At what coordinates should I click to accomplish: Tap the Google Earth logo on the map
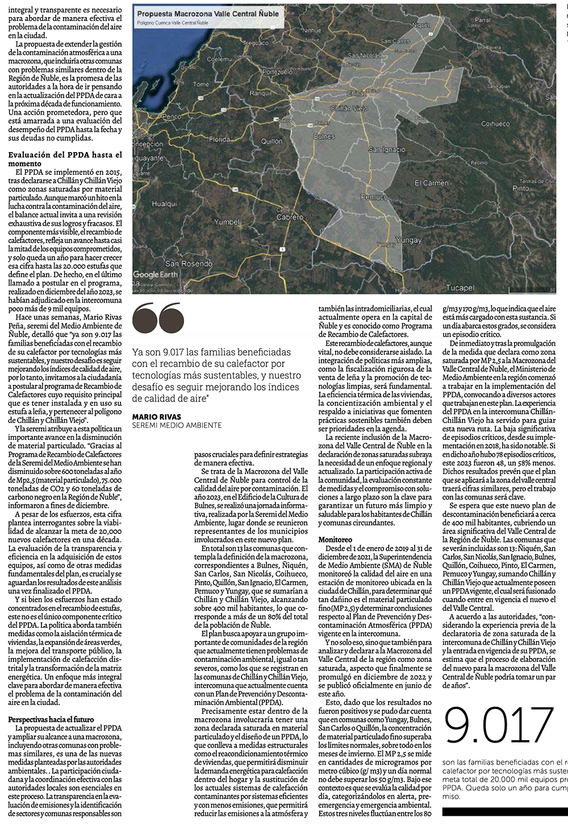click(155, 274)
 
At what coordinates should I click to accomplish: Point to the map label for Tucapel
click(460, 288)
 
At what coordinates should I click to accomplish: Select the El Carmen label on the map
click(431, 183)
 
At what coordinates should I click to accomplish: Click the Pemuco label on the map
click(374, 196)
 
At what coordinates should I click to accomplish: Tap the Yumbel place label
click(227, 221)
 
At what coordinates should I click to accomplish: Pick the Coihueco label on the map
click(495, 123)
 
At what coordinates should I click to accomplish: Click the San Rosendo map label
click(189, 263)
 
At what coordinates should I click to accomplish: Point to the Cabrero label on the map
click(290, 217)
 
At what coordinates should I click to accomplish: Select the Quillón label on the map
click(272, 141)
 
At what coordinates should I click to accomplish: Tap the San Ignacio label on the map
click(387, 150)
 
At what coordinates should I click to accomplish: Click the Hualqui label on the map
click(164, 204)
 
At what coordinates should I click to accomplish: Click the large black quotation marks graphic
click(158, 318)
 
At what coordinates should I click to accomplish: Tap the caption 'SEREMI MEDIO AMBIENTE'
click(177, 425)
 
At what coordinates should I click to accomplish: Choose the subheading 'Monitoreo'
click(335, 539)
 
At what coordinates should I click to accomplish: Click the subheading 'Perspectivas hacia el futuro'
click(51, 719)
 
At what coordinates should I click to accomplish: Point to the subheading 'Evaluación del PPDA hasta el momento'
click(65, 159)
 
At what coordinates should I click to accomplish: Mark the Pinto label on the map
click(520, 187)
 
